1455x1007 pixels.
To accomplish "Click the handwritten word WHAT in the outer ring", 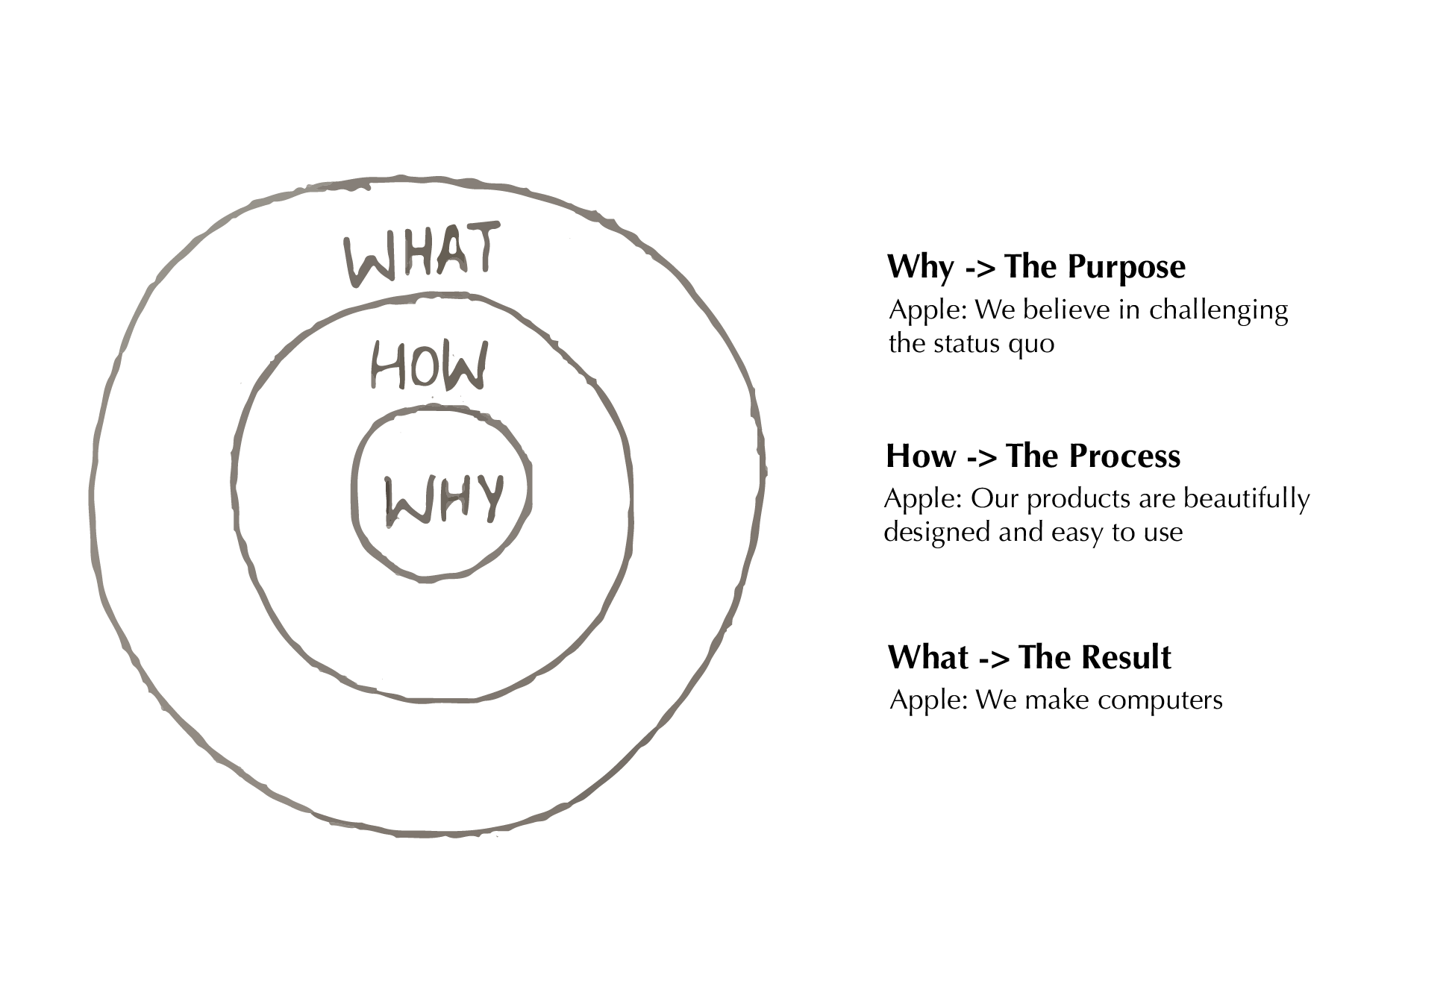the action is point(422,253).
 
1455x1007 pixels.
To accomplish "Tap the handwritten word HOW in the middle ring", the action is point(430,365).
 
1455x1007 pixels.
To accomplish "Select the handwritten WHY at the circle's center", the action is point(444,500).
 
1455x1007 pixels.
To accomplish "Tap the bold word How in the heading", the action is point(921,457).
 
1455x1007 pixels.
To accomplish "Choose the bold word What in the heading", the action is point(928,657).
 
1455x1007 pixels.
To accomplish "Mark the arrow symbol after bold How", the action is point(981,457).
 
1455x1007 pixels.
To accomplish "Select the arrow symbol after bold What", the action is point(994,659).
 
